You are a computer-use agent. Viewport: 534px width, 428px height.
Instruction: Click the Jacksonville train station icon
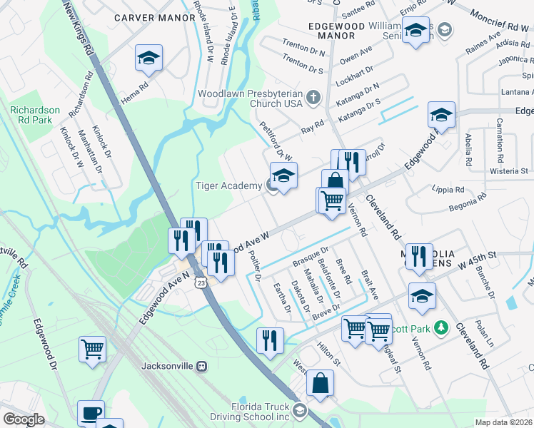202,366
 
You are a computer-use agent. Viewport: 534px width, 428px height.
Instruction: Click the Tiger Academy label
228,186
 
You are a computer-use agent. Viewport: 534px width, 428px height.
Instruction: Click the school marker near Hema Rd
149,59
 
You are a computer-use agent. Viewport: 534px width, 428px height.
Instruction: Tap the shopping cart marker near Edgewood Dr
92,350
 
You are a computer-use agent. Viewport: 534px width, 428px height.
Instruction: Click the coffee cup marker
91,413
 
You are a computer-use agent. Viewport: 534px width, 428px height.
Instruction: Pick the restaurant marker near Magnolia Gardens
418,256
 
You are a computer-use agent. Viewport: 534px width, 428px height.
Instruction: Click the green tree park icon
441,327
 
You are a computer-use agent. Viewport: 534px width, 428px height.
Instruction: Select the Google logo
24,419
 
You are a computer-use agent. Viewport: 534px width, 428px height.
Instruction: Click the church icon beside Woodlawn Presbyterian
312,96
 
